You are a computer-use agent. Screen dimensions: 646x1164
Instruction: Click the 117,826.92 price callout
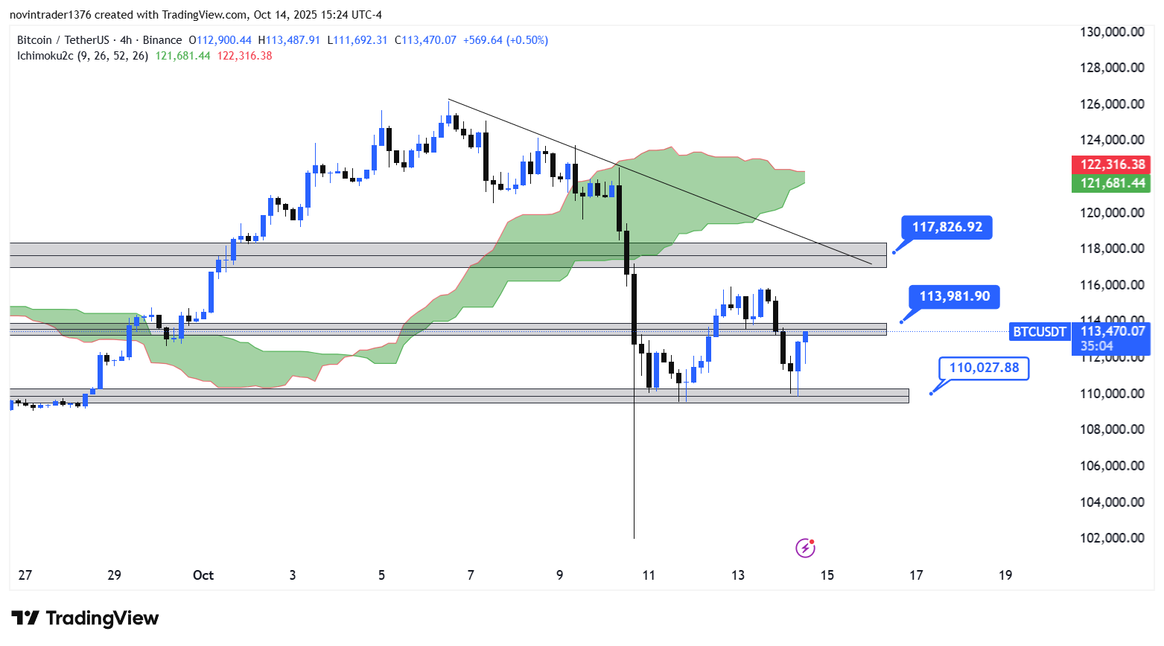tap(947, 227)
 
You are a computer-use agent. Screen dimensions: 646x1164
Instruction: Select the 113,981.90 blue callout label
tap(954, 296)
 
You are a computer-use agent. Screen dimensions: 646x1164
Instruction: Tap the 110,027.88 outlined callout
tap(984, 368)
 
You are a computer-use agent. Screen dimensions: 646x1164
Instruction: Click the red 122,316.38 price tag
tap(1112, 164)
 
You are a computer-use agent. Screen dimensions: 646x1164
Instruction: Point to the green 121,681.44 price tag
tap(1112, 183)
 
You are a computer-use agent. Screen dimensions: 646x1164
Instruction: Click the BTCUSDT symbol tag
tap(1040, 332)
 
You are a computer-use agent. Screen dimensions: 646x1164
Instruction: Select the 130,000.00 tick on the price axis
tap(1112, 32)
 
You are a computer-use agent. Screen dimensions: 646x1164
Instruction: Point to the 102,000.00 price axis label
tap(1112, 538)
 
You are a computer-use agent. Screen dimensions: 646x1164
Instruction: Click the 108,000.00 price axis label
tap(1112, 429)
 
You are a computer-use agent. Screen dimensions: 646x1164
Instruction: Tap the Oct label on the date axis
tap(203, 575)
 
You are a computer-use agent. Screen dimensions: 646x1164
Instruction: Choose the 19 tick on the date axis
tap(1005, 575)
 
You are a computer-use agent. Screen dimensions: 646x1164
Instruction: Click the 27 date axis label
tap(25, 575)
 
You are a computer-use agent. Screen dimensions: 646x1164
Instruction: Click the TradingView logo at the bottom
tap(85, 618)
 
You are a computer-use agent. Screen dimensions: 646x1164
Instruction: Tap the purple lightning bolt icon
tap(805, 549)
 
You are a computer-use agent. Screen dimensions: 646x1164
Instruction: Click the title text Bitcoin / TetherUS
tap(63, 40)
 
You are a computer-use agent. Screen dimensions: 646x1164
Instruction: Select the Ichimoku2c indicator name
tap(45, 56)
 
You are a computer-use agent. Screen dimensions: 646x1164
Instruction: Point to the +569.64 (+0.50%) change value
tap(506, 40)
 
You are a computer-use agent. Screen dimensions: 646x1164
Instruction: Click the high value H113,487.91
tap(289, 40)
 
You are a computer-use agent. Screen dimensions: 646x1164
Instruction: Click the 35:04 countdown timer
tap(1097, 346)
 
